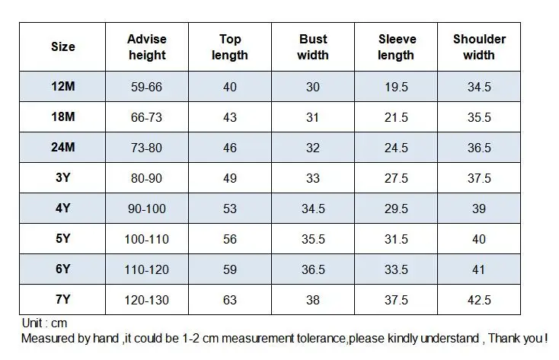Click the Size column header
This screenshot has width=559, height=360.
point(62,46)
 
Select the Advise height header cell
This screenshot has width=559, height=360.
point(147,46)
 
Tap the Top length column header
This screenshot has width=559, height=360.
point(230,46)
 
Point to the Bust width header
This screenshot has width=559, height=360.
point(313,46)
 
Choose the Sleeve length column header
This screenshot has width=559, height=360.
point(397,46)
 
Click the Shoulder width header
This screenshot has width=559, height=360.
point(479,46)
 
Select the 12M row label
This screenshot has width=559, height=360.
point(62,86)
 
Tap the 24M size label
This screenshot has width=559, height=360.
point(62,147)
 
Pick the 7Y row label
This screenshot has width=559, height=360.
point(62,299)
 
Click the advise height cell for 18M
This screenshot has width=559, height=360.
point(146,117)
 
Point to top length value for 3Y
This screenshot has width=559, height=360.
point(230,178)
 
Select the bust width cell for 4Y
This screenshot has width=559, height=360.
point(313,209)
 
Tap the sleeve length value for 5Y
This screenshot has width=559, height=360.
point(396,239)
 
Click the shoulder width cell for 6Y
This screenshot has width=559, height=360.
point(479,269)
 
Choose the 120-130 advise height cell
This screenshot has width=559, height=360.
point(146,300)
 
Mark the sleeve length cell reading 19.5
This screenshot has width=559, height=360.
point(396,87)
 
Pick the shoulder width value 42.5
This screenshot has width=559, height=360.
point(479,300)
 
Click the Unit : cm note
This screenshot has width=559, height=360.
point(44,323)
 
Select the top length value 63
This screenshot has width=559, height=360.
point(230,300)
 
